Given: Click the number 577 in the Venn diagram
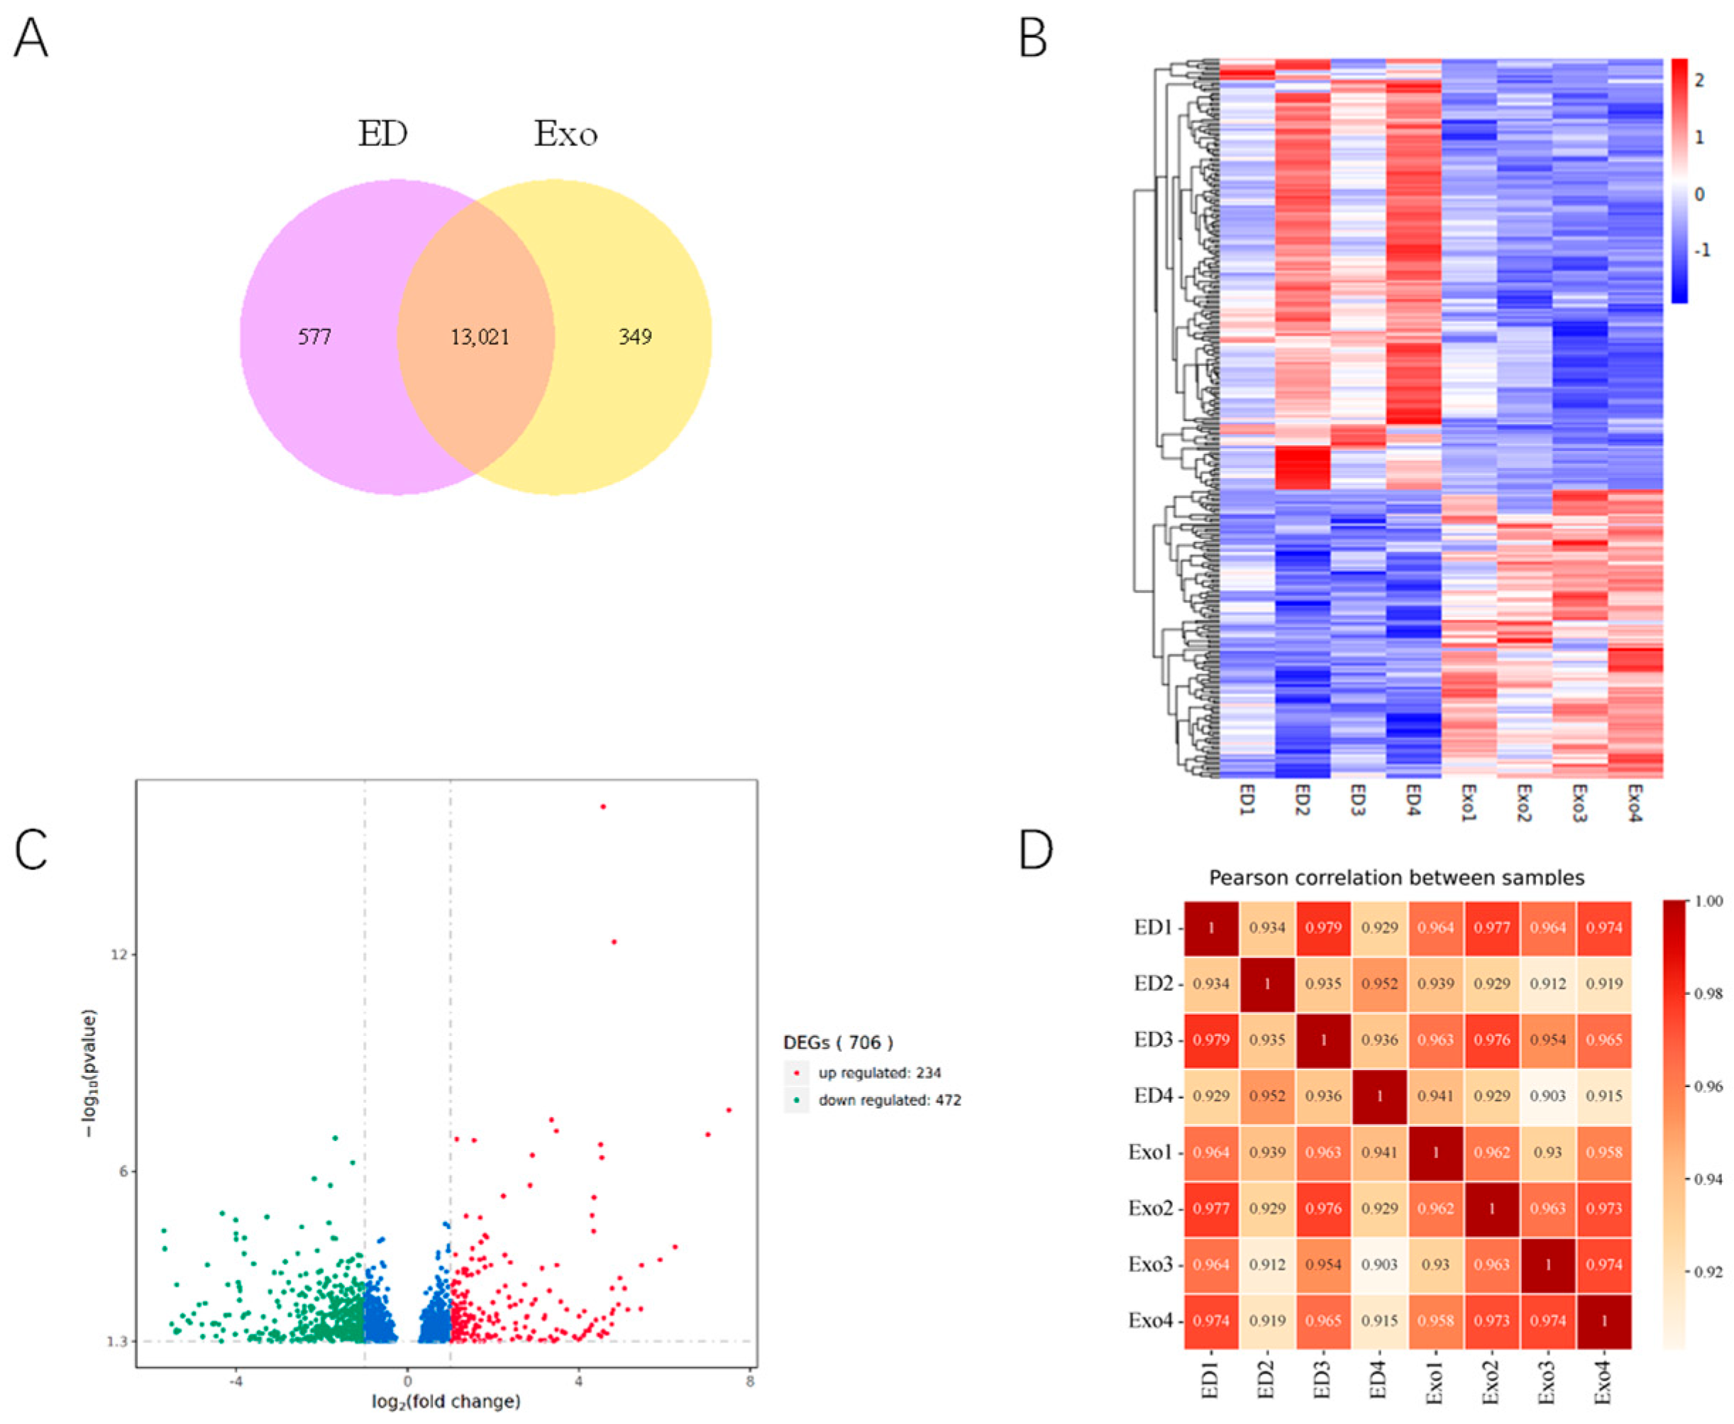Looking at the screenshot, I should tap(314, 337).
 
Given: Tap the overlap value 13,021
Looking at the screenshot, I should tap(480, 337).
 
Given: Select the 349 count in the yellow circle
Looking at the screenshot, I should tap(634, 337).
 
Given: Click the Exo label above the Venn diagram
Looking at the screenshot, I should tap(565, 134).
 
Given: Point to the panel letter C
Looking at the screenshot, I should tap(31, 850).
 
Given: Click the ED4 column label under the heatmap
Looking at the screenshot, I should tap(1413, 801).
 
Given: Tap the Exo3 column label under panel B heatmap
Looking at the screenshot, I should tap(1578, 803).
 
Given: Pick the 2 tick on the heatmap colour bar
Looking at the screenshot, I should tap(1699, 80).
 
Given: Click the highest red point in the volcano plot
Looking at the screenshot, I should tap(603, 806).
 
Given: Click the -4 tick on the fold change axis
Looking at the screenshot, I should tap(236, 1381).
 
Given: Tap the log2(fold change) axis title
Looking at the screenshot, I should tap(446, 1402).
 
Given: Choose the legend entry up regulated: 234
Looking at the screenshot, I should tap(879, 1073).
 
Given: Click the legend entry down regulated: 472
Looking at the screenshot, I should tap(889, 1100).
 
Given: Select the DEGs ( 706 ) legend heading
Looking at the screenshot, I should tap(838, 1042).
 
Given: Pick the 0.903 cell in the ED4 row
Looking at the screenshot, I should tap(1547, 1096).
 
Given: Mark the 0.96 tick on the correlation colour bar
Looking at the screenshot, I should tap(1706, 1087).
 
